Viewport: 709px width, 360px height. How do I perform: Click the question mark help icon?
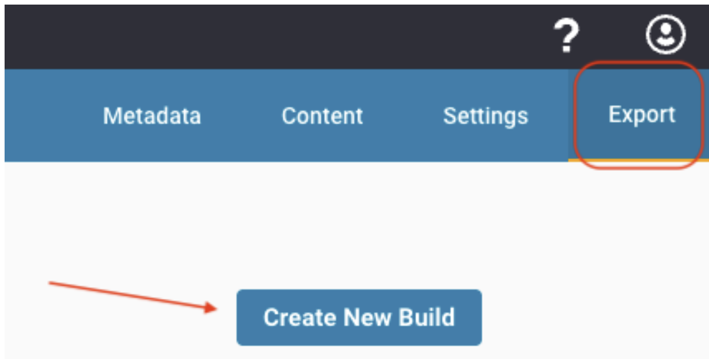tap(566, 35)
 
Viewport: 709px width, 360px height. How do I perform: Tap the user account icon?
tap(666, 34)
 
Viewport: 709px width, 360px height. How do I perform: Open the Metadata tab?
tap(152, 116)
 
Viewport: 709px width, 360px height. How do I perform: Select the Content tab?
tap(322, 116)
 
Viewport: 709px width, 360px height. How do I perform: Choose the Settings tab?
tap(486, 116)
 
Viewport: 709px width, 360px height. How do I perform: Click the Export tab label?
tap(642, 115)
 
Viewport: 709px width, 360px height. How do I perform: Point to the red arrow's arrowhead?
tap(211, 307)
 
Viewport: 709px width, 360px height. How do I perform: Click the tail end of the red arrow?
tap(49, 283)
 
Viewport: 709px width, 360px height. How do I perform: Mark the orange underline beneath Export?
tap(639, 161)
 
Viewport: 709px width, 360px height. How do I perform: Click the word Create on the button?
tap(300, 317)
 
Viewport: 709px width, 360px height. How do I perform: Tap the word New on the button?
tap(367, 317)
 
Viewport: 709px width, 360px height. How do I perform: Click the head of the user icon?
tap(666, 29)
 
